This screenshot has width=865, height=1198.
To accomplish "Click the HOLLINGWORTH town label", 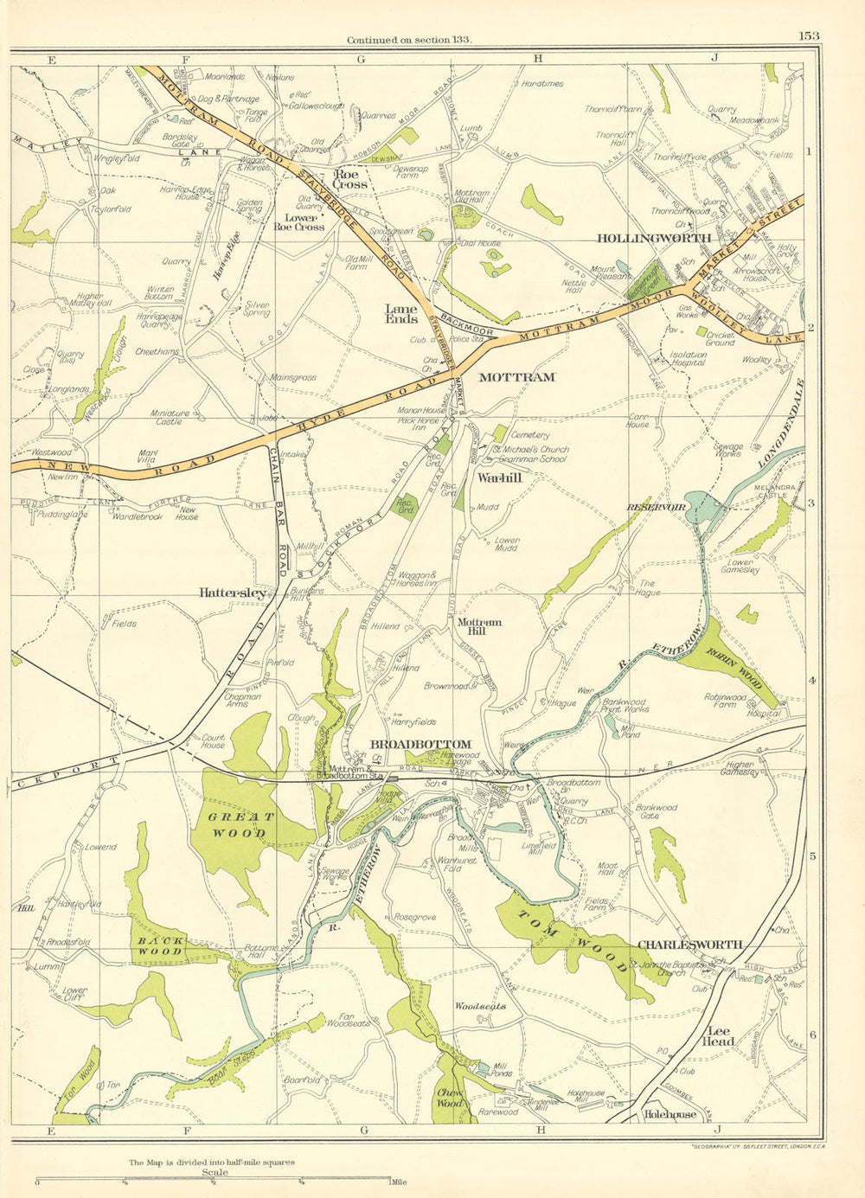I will pyautogui.click(x=654, y=238).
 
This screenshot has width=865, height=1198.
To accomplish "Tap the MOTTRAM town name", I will pyautogui.click(x=516, y=377).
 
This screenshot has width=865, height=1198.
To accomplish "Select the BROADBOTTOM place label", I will pyautogui.click(x=420, y=744).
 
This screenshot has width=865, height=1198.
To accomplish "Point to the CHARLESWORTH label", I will pyautogui.click(x=689, y=945).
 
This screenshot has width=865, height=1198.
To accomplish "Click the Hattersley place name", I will pyautogui.click(x=232, y=593).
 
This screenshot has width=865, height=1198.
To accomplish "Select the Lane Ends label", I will pyautogui.click(x=401, y=313).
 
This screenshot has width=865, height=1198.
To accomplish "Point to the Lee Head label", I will pyautogui.click(x=721, y=1035).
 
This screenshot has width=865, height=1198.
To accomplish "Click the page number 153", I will pyautogui.click(x=809, y=35).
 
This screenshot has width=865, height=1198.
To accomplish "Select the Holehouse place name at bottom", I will pyautogui.click(x=670, y=1114).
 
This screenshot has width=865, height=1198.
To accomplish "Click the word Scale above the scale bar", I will pyautogui.click(x=215, y=1173).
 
